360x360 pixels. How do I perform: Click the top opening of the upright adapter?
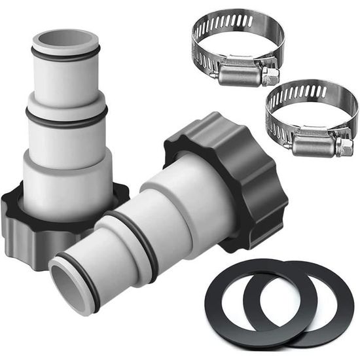(65, 41)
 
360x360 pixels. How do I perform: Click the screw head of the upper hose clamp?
(270, 76)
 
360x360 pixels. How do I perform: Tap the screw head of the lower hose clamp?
(344, 147)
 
